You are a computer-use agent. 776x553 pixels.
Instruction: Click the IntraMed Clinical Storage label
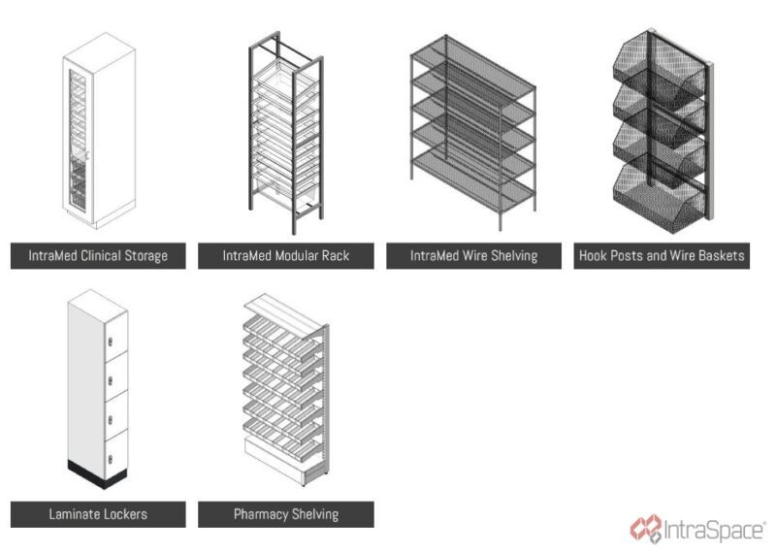coord(98,256)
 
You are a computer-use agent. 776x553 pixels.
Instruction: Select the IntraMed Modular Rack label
coord(285,256)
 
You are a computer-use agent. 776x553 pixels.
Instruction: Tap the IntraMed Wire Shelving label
coord(472,256)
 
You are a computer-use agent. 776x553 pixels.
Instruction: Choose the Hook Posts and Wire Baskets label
coord(662,256)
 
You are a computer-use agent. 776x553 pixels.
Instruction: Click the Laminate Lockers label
coord(98,513)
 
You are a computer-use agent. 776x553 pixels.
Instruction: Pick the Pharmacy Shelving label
coord(285,513)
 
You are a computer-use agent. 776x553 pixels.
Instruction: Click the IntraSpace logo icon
coord(645,529)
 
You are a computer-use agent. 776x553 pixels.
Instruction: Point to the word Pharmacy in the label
coord(263,513)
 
